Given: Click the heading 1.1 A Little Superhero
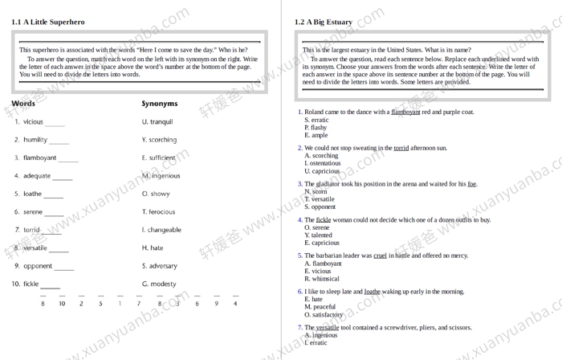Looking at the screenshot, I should [47, 22].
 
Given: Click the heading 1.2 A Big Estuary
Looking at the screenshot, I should [323, 22].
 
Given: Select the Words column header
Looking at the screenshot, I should [23, 104].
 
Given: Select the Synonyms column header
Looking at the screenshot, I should [160, 104].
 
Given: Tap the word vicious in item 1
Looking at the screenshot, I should [33, 122].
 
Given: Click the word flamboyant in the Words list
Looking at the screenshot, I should [39, 158].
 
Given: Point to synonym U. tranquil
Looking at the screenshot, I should [157, 122].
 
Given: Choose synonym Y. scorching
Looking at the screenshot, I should [159, 140].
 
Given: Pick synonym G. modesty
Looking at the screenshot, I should [159, 284].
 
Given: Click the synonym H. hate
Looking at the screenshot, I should [153, 248].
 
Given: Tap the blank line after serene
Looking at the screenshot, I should [54, 214].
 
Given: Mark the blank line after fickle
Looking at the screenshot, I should [50, 286].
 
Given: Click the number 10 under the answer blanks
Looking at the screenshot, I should [62, 304].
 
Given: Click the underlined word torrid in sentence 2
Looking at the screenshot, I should [401, 148].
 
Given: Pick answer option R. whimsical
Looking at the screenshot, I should [322, 279].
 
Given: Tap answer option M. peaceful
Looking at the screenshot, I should [320, 307].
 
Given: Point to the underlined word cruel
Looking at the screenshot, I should [380, 256].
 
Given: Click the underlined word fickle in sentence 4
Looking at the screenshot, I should [324, 219].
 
